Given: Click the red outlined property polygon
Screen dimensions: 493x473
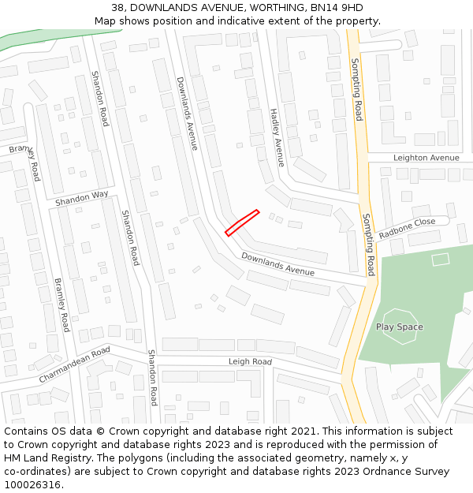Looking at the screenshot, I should (242, 222).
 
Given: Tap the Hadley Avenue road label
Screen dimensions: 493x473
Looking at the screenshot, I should (276, 137).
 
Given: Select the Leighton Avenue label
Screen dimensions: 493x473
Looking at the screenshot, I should (426, 158).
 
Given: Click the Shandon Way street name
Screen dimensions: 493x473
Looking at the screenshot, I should (82, 199).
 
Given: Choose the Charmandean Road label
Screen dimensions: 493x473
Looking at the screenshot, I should (74, 365).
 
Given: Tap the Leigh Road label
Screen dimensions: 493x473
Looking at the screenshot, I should (250, 362).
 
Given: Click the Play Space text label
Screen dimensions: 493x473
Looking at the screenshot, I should (399, 327).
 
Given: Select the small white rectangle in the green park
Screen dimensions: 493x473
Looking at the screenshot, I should (440, 259).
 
